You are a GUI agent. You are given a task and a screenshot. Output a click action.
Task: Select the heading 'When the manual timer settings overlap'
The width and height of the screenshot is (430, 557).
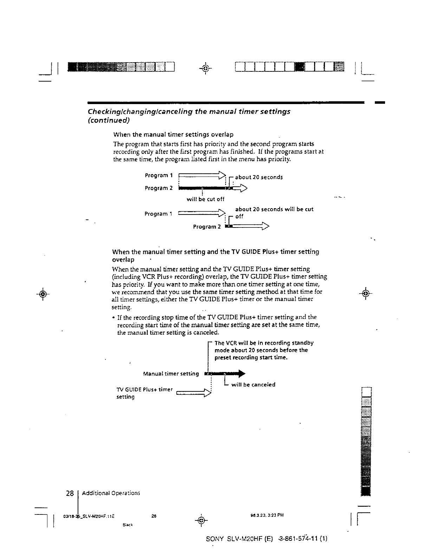click(x=173, y=135)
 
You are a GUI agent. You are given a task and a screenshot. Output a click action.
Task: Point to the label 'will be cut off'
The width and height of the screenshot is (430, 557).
click(x=205, y=199)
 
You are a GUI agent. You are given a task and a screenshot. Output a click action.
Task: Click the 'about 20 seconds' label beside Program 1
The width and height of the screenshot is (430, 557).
click(x=259, y=177)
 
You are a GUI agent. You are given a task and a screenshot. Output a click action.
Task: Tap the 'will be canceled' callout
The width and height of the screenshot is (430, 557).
click(x=253, y=385)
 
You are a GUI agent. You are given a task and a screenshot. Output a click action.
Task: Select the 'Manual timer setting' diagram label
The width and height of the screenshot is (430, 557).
click(x=171, y=374)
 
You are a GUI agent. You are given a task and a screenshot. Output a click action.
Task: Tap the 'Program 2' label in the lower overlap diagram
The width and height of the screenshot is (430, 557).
click(x=207, y=227)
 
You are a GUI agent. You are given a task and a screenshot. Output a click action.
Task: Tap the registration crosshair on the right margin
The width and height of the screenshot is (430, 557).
click(x=366, y=293)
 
